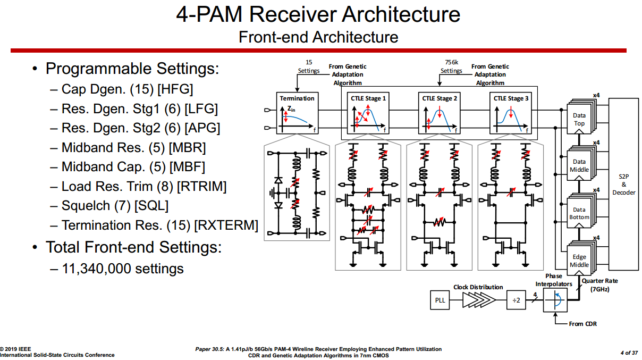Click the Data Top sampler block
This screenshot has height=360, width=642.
[579, 119]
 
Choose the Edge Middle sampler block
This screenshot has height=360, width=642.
[579, 261]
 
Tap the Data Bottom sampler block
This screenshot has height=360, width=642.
[579, 213]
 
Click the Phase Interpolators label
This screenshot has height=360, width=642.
[554, 280]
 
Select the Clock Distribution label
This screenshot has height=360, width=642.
[478, 287]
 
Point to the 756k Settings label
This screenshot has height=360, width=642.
[451, 66]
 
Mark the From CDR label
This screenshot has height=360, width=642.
[582, 324]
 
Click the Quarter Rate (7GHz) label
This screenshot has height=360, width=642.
[599, 285]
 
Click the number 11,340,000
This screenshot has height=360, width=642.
[96, 269]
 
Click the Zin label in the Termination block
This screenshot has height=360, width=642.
[291, 108]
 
